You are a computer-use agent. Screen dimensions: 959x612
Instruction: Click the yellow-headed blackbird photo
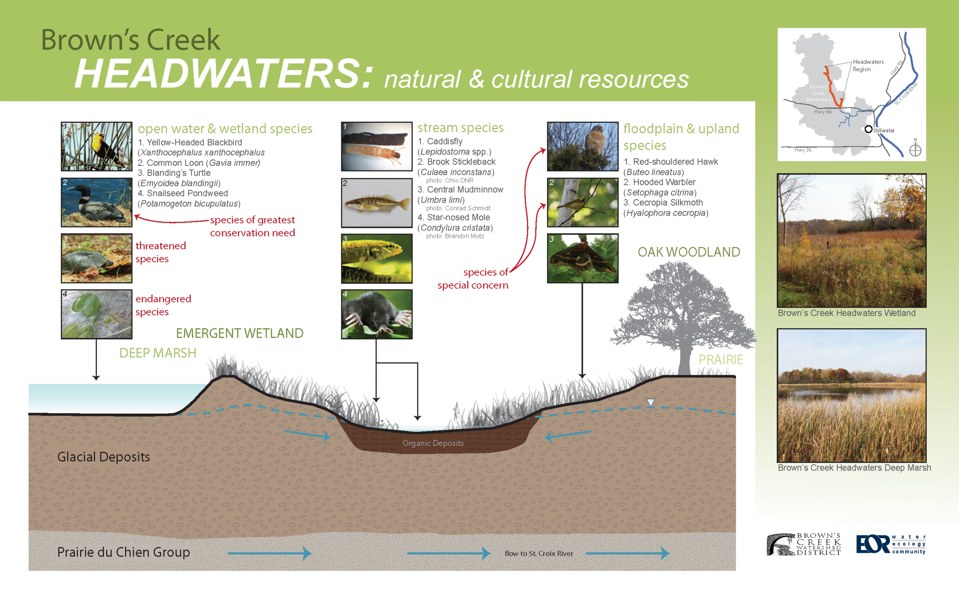(x=96, y=146)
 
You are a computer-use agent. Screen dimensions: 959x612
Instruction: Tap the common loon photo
(x=96, y=202)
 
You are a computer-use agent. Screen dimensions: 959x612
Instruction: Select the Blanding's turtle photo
(x=96, y=258)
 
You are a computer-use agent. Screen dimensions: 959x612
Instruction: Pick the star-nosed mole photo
(x=377, y=314)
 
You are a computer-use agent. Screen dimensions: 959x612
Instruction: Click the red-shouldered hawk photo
(x=583, y=146)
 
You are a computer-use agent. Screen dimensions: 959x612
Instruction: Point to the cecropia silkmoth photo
(x=583, y=258)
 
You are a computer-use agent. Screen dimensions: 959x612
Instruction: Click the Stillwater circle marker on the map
(x=869, y=129)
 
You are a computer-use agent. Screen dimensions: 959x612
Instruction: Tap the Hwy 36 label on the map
(x=803, y=150)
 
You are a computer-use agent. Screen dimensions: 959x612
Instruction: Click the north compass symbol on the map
(x=915, y=150)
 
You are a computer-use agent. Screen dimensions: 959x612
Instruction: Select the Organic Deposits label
(x=433, y=443)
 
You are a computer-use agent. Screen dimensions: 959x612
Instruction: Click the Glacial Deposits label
(x=103, y=457)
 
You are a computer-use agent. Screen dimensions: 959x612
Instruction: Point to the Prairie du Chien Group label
(x=124, y=552)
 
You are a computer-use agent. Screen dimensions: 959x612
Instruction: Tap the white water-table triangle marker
(x=651, y=402)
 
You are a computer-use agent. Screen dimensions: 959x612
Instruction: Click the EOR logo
(x=891, y=544)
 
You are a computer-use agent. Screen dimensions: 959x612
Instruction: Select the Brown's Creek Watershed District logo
(x=804, y=544)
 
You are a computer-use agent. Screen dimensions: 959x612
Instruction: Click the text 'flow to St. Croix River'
(x=539, y=554)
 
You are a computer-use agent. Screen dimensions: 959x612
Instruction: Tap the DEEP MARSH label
(x=158, y=353)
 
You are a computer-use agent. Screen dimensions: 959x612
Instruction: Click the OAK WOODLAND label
(x=689, y=252)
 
